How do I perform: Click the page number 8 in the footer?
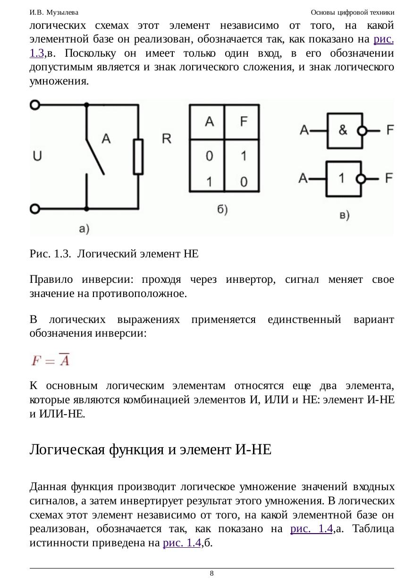211,573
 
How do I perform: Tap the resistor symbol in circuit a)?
138,157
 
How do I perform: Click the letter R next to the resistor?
167,139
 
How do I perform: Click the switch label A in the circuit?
106,138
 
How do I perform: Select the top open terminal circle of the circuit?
35,105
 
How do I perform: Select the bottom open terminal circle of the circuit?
35,208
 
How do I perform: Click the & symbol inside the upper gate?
344,130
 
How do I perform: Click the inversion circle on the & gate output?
362,131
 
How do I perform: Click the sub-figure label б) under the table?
223,209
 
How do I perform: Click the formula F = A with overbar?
51,361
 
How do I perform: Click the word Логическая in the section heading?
68,449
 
